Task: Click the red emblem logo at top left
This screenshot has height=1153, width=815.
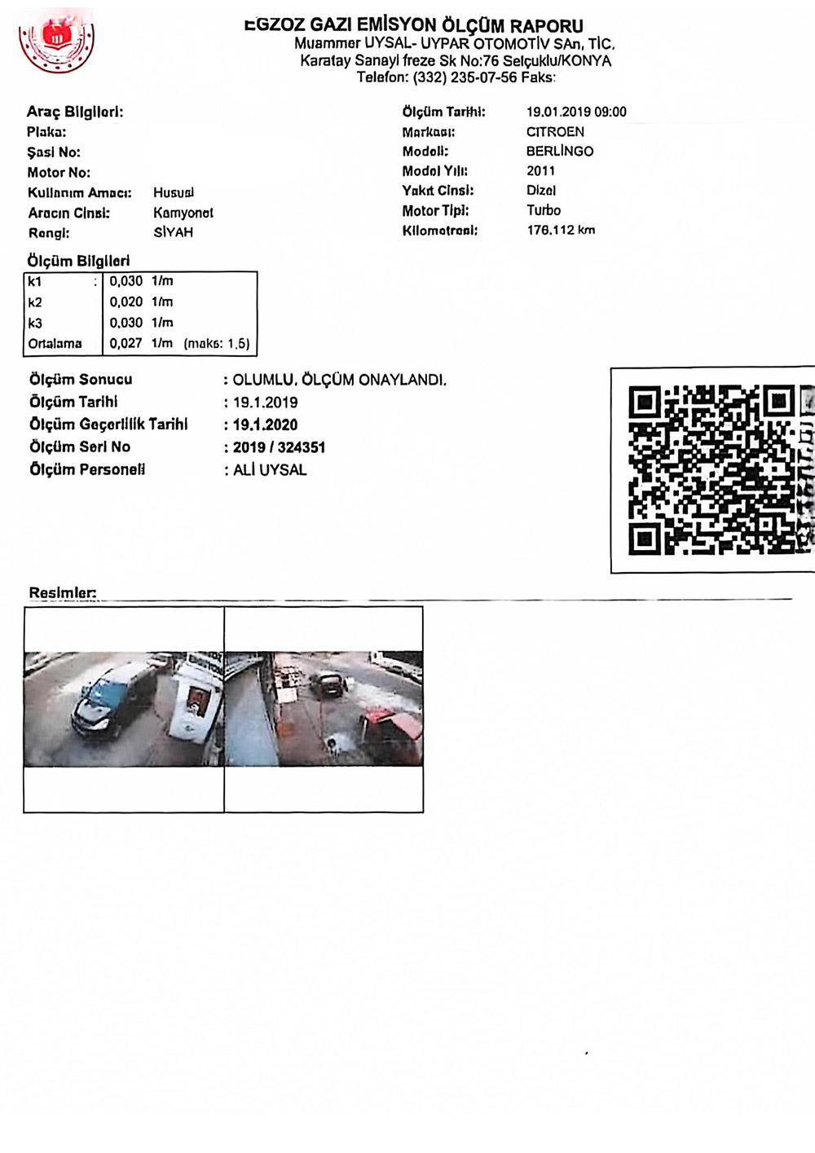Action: click(56, 42)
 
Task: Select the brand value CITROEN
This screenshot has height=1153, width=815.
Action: click(555, 132)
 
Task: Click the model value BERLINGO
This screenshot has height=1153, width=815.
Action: click(560, 152)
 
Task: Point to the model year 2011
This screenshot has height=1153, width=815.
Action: click(540, 171)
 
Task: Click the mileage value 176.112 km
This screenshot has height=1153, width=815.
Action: click(561, 231)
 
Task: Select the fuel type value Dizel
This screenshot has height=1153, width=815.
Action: click(541, 191)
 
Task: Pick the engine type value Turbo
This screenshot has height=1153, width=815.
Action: click(544, 210)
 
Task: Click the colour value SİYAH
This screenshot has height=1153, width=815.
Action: click(173, 232)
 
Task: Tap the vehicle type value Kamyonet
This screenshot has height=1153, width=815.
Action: click(183, 213)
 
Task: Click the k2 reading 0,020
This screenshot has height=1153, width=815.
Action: click(126, 302)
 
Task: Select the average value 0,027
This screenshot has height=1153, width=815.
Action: click(126, 344)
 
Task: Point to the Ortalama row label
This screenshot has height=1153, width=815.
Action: click(55, 344)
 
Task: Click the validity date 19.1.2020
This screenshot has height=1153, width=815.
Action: click(266, 425)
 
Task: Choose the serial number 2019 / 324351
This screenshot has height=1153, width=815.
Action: click(280, 447)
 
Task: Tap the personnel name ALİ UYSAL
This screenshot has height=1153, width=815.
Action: click(270, 470)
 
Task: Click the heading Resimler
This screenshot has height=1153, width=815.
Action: click(62, 593)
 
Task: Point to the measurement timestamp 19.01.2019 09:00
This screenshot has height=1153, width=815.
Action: click(576, 112)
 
